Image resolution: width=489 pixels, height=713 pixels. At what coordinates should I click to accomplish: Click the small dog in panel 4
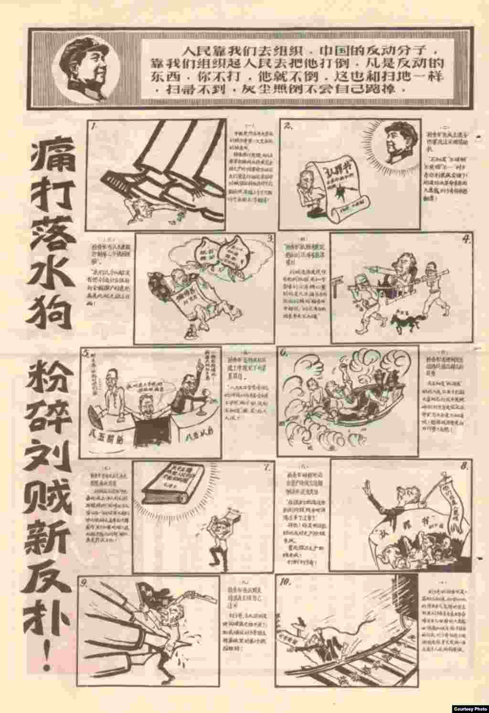point(403,324)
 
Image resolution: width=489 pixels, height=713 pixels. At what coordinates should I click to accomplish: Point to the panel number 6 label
point(285,353)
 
